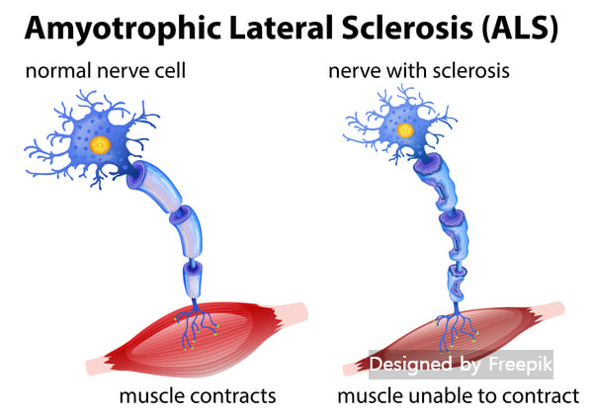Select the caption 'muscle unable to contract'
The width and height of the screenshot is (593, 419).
pyautogui.click(x=458, y=396)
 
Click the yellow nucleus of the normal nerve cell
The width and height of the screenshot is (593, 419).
pyautogui.click(x=100, y=144)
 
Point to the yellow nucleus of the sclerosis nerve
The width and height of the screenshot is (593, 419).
pyautogui.click(x=405, y=128)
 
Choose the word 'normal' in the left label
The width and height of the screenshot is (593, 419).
pyautogui.click(x=48, y=71)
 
